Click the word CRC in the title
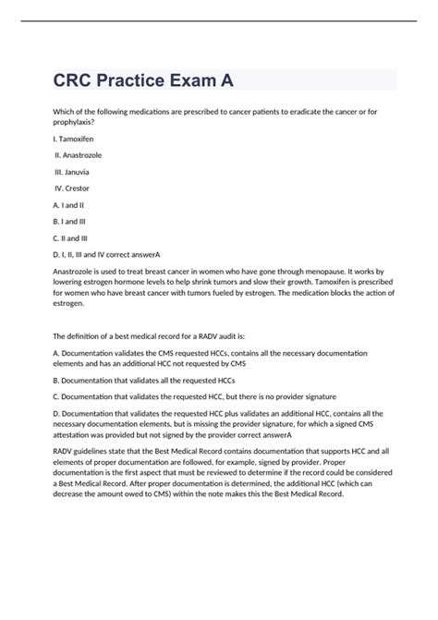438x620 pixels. click(x=78, y=80)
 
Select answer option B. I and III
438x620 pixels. click(x=72, y=222)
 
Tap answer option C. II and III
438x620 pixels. click(x=73, y=238)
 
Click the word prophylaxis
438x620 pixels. click(x=79, y=122)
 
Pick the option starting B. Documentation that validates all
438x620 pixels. click(x=143, y=380)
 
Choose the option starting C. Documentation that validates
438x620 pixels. click(x=185, y=396)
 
